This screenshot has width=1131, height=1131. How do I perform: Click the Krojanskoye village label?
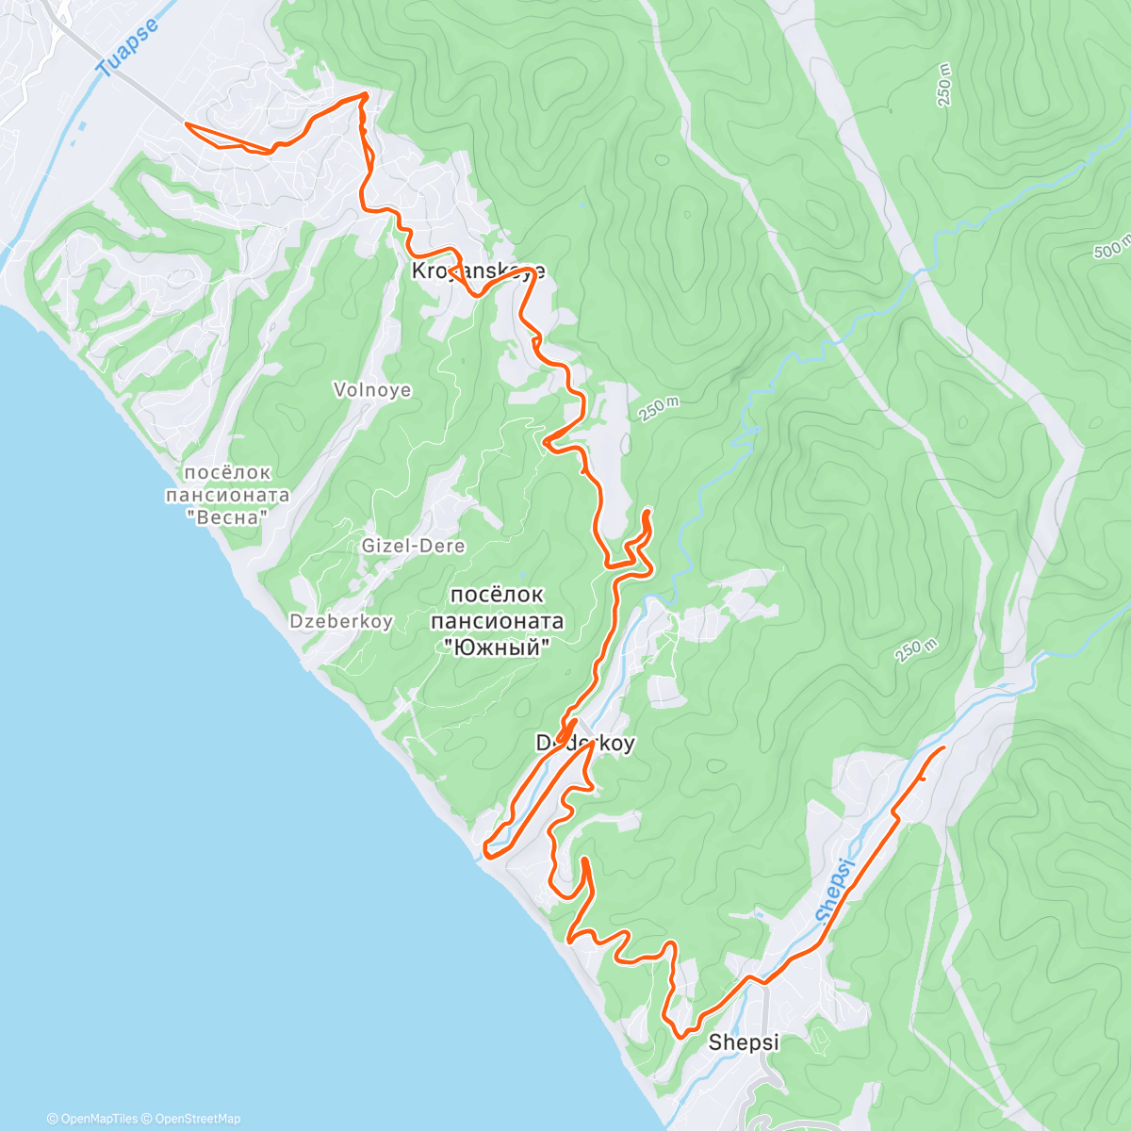[x=478, y=271]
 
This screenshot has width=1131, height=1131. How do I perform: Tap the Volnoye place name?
[x=372, y=390]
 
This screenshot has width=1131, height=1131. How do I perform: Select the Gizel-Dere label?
[x=413, y=546]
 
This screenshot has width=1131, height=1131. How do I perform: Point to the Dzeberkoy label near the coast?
[x=341, y=621]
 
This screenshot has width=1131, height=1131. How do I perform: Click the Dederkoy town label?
[x=584, y=744]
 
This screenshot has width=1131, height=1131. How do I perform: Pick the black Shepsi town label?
[x=744, y=1042]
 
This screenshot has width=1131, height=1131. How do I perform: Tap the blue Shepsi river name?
[x=835, y=890]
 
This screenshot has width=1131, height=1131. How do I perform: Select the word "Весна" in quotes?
[x=227, y=516]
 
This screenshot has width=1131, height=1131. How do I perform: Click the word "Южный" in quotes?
[x=497, y=647]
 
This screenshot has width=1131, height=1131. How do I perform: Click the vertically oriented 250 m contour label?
[x=944, y=86]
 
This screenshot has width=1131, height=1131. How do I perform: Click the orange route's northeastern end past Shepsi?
[x=943, y=747]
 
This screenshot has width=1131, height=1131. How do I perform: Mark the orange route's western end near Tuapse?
[x=187, y=124]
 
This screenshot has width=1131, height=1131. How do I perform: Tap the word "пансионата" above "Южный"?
[x=497, y=621]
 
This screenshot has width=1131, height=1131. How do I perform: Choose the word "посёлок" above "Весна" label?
[x=227, y=472]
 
